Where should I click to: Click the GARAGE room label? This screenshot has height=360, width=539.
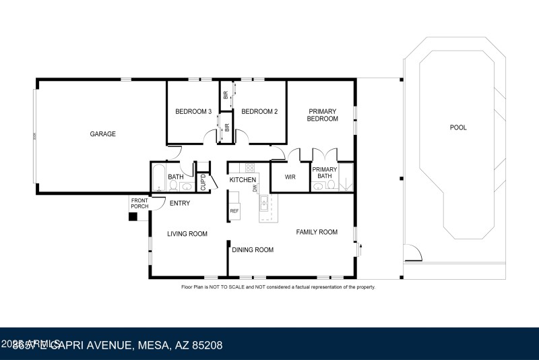tap(103, 134)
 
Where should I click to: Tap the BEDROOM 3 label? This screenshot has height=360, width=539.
tap(193, 112)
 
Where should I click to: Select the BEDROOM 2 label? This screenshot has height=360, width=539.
tap(259, 112)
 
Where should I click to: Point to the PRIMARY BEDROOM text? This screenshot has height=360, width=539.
tap(322, 115)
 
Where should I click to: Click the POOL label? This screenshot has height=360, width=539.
tap(458, 127)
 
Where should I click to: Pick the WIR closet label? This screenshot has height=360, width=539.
tap(290, 178)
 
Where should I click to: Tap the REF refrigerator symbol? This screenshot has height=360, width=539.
tap(234, 211)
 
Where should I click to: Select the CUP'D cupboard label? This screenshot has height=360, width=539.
tap(202, 183)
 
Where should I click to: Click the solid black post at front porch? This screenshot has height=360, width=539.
tap(133, 216)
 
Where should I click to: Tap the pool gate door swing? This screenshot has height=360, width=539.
tap(412, 254)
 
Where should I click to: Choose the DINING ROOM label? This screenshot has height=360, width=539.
tap(253, 250)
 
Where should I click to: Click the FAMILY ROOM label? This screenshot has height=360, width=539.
tap(317, 233)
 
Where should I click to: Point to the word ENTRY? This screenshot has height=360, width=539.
tap(179, 204)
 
